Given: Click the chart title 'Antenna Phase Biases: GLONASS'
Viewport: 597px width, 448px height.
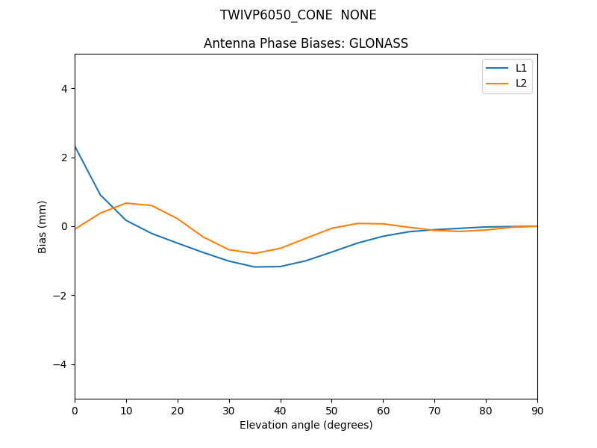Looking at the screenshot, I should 306,43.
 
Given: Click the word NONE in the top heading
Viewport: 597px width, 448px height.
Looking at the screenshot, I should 359,15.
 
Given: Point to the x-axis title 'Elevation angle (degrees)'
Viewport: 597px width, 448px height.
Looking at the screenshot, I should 306,425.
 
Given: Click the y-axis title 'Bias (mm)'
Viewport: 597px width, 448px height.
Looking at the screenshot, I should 43,226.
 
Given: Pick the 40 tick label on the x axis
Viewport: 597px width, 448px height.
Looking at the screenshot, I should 281,410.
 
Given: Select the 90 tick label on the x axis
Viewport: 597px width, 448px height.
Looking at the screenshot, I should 537,410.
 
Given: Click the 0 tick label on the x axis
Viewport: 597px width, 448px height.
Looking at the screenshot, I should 75,410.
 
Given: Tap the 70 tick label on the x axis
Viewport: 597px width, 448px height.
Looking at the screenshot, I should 434,410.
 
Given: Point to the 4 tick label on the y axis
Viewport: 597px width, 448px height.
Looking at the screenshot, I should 64,88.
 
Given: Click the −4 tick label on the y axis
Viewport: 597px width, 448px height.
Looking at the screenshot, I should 60,364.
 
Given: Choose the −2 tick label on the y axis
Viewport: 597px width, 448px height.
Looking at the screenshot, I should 60,296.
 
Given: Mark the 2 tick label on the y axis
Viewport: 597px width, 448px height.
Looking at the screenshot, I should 64,158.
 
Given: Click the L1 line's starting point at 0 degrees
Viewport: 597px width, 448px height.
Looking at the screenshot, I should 75,146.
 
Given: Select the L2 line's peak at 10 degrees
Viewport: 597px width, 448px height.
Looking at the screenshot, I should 126,203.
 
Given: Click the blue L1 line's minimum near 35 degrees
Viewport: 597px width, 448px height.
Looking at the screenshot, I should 254,267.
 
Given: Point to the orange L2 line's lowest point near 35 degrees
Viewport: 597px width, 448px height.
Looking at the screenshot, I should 254,253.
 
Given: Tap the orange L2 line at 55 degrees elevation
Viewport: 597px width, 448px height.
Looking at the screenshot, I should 357,223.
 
